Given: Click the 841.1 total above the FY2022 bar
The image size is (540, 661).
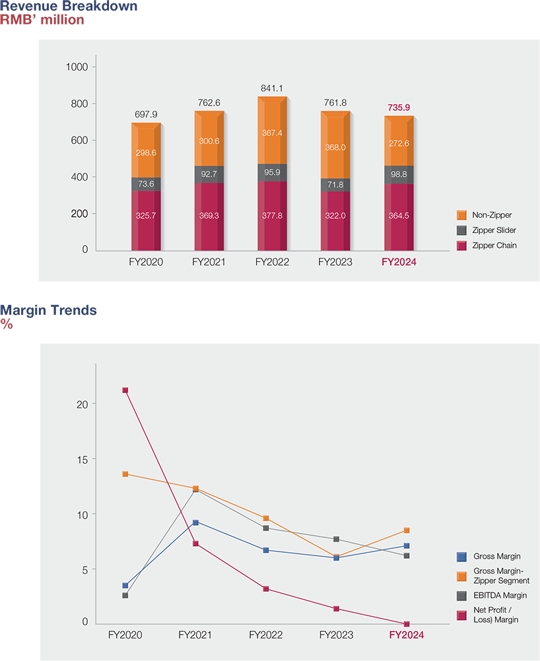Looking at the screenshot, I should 273,88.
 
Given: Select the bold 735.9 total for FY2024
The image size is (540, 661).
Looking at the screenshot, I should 399,108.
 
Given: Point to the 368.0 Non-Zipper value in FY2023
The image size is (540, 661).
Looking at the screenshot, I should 335,148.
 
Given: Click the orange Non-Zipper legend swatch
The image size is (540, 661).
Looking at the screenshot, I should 461,215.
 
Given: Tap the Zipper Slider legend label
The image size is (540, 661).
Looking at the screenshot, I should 494,230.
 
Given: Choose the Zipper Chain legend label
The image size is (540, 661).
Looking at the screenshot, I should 493,245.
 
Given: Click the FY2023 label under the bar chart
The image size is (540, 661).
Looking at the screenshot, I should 335,262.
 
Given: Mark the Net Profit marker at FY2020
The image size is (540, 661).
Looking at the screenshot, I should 125,390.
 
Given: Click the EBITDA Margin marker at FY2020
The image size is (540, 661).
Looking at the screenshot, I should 125,596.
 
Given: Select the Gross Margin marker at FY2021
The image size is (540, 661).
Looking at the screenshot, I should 195,522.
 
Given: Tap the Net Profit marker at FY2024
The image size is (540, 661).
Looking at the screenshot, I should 407,624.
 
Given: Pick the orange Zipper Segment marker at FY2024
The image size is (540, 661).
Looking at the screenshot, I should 407,530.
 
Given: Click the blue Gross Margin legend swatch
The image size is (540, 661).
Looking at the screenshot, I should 461,557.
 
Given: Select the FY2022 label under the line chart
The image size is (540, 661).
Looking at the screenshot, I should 265,635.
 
